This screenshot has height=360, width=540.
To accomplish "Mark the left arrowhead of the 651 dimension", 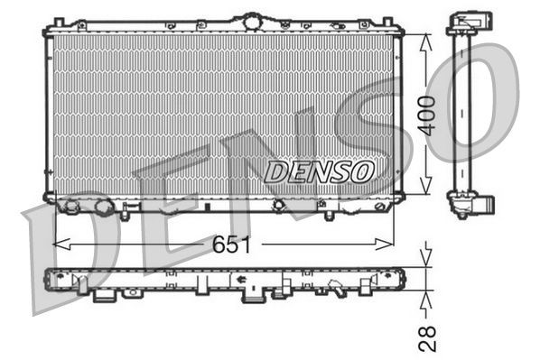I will [x=58, y=244].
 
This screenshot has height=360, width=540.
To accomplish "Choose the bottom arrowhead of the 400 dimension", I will [x=428, y=195].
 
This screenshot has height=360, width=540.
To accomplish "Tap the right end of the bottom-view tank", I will [x=401, y=279].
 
